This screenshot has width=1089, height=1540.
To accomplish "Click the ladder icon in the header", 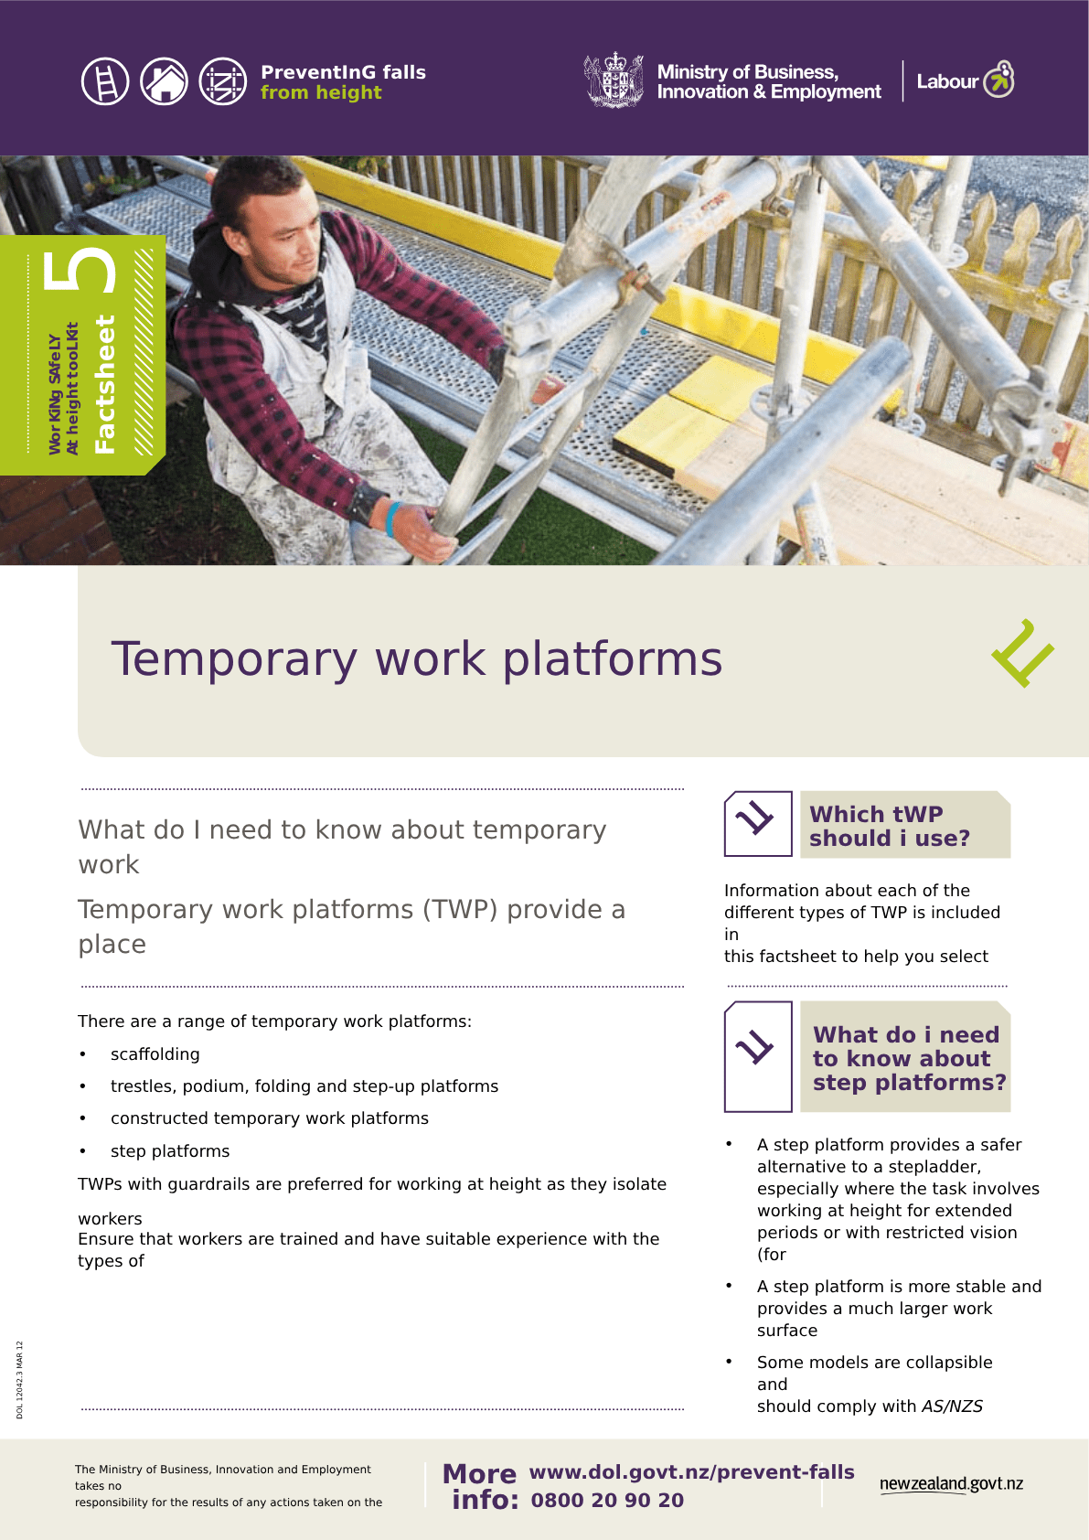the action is [x=105, y=81].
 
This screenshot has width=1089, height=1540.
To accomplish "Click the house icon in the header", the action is [x=164, y=81].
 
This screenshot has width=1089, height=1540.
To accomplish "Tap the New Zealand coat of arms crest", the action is [x=614, y=80].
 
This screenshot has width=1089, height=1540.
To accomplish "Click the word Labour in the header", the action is [x=946, y=81].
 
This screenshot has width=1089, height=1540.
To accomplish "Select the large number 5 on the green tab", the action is [x=79, y=270].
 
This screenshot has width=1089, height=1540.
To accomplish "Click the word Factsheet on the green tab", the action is [x=104, y=384].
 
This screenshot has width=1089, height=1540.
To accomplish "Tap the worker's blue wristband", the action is [x=392, y=519].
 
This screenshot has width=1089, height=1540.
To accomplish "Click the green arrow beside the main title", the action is [x=1022, y=653].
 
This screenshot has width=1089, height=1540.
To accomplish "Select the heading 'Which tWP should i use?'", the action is [x=889, y=826].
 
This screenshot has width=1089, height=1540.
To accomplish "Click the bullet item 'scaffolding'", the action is [x=155, y=1053].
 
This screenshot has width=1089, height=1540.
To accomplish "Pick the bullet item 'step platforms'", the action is [x=170, y=1150].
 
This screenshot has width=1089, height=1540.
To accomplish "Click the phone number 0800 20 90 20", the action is [x=607, y=1500].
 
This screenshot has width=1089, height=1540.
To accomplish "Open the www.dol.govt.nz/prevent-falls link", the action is [x=691, y=1472].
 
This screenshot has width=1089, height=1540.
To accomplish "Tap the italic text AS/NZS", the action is [x=952, y=1406].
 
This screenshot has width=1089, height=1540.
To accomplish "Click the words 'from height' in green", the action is [x=321, y=92].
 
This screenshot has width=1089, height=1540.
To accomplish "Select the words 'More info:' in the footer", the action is [x=481, y=1486].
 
